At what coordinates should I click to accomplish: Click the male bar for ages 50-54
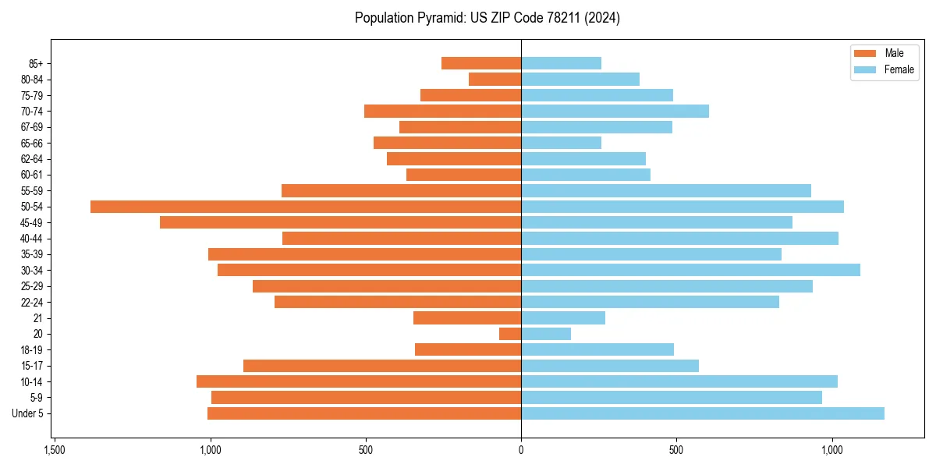point(306,207)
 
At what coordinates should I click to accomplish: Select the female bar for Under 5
point(702,413)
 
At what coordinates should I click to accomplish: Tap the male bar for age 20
point(510,334)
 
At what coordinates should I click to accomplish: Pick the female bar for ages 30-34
point(690,270)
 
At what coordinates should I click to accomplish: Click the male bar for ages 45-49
point(340,222)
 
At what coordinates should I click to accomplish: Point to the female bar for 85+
point(561,63)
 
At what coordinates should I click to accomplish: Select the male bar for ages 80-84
point(495,79)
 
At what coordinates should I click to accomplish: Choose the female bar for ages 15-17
point(610,366)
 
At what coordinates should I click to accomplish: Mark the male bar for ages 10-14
point(359,381)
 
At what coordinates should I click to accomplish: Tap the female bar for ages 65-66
point(561,143)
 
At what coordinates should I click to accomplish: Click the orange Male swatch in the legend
point(866,53)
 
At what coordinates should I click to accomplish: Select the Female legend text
point(899,69)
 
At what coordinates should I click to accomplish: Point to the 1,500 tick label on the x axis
point(54,451)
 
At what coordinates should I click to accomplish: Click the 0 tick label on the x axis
point(521,451)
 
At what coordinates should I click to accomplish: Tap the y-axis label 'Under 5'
point(28,413)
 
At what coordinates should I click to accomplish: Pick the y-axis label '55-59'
point(32,190)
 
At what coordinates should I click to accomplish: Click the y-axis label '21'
point(38,318)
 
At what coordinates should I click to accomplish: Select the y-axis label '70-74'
point(32,111)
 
